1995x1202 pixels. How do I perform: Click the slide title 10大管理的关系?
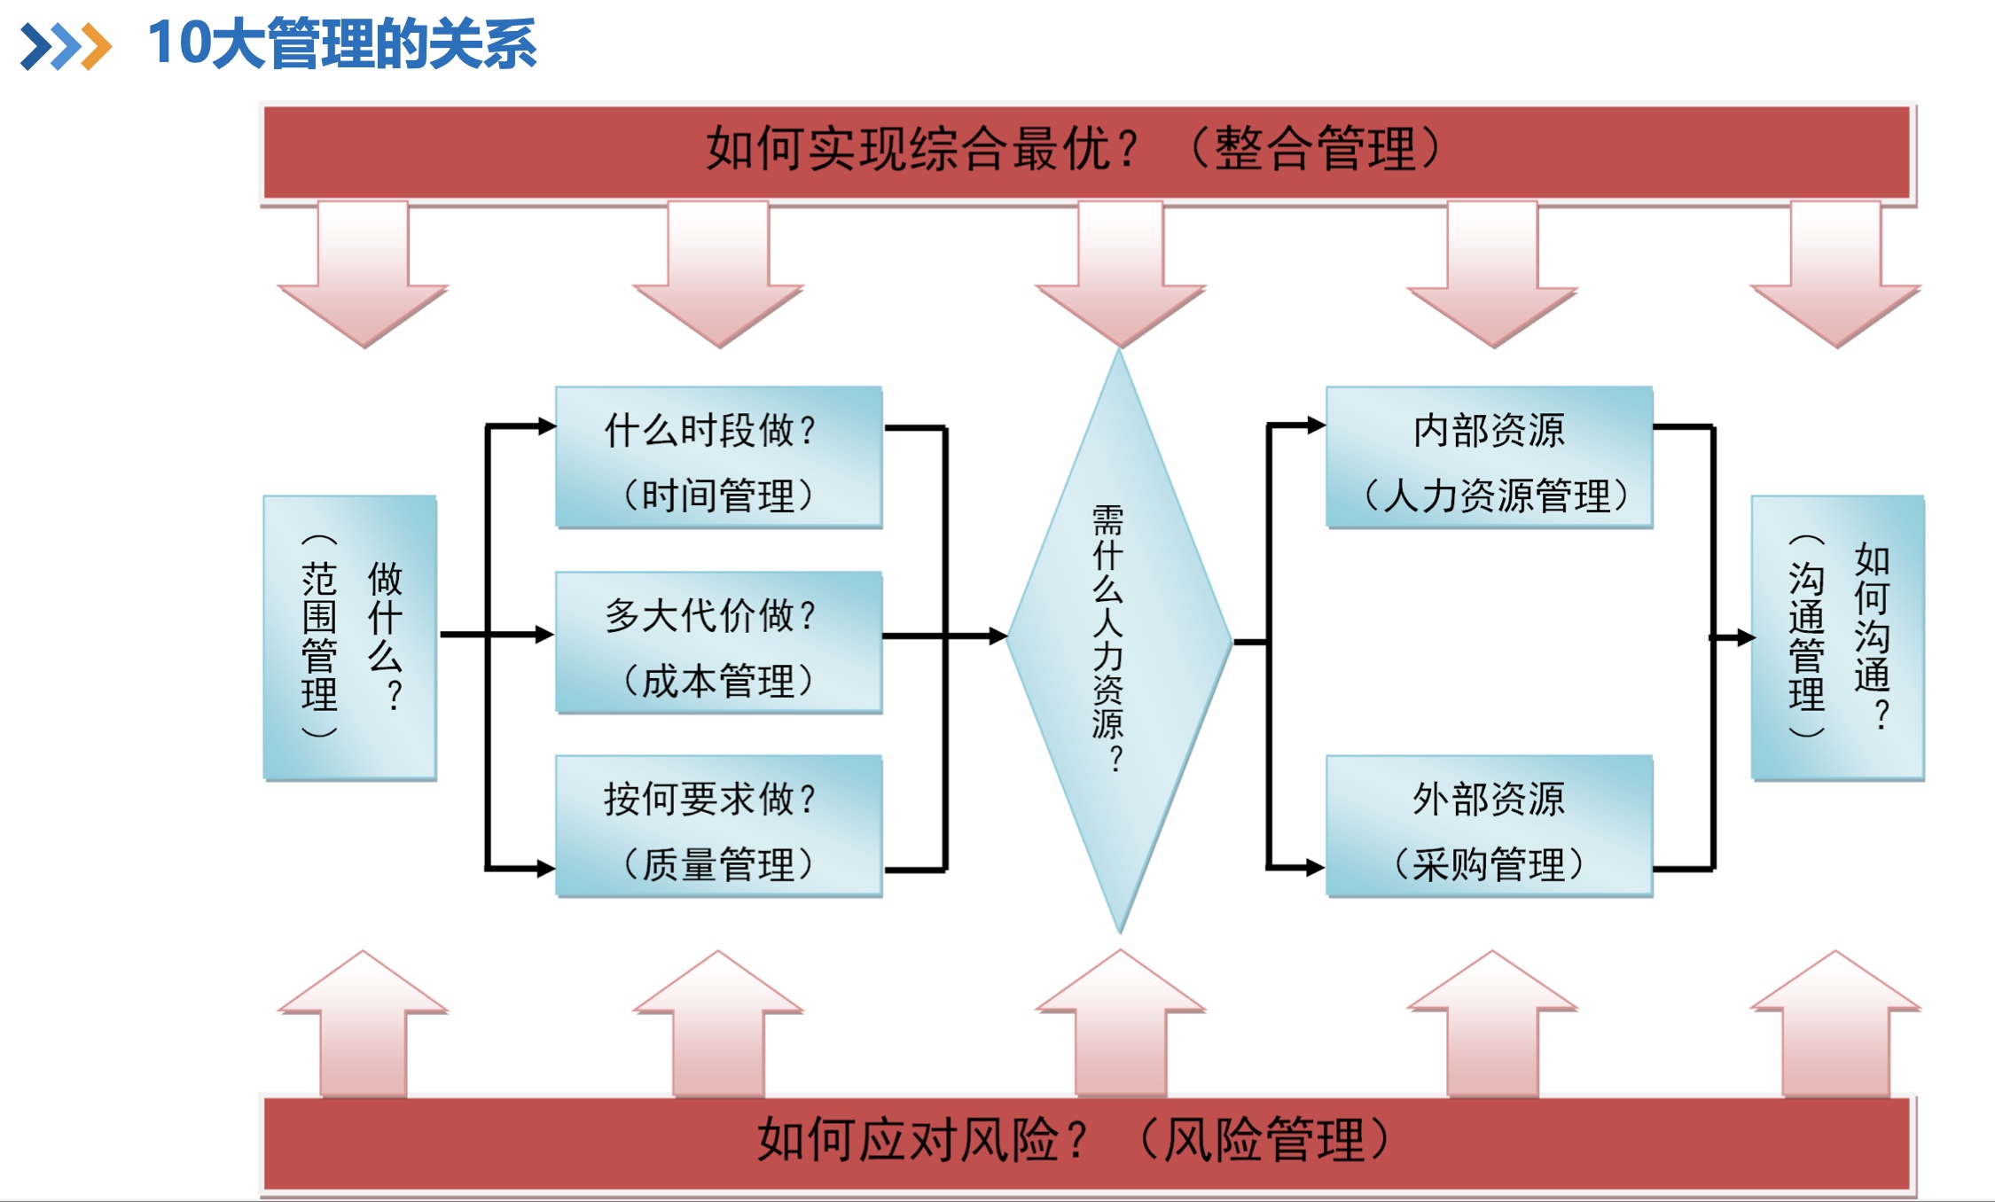tap(341, 44)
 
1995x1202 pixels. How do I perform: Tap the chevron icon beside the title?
tap(66, 46)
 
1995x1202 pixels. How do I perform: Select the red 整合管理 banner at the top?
tap(1086, 152)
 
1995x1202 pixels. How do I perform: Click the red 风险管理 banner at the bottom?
tap(1086, 1143)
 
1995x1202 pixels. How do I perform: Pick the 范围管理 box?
tap(349, 637)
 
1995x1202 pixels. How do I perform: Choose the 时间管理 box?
tap(718, 457)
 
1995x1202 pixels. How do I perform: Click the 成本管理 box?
tap(718, 642)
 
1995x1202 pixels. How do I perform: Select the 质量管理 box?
tap(718, 825)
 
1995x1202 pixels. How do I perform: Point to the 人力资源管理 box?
tap(1489, 457)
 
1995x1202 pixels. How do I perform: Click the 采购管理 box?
tap(1489, 825)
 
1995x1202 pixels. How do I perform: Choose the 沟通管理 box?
tap(1837, 637)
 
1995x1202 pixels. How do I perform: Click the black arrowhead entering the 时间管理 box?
tap(546, 426)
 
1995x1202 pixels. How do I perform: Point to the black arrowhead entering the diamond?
tap(997, 636)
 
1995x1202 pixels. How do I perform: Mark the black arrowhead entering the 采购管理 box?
tap(1316, 868)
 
